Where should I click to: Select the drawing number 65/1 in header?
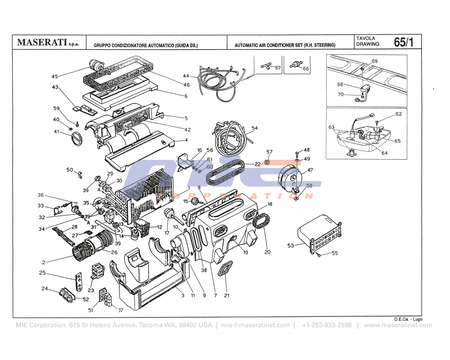click(x=403, y=42)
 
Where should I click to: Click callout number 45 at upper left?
click(x=55, y=76)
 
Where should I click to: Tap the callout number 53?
click(x=291, y=245)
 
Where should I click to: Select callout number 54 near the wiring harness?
click(x=255, y=128)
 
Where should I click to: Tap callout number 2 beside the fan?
click(x=44, y=262)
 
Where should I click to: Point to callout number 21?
click(x=226, y=295)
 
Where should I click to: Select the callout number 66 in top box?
click(x=306, y=69)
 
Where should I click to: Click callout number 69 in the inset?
click(x=374, y=61)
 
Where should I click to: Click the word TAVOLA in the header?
click(x=365, y=38)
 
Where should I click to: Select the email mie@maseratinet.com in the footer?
click(x=255, y=325)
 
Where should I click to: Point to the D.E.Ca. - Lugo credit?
click(x=408, y=319)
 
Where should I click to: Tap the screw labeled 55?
click(x=319, y=255)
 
